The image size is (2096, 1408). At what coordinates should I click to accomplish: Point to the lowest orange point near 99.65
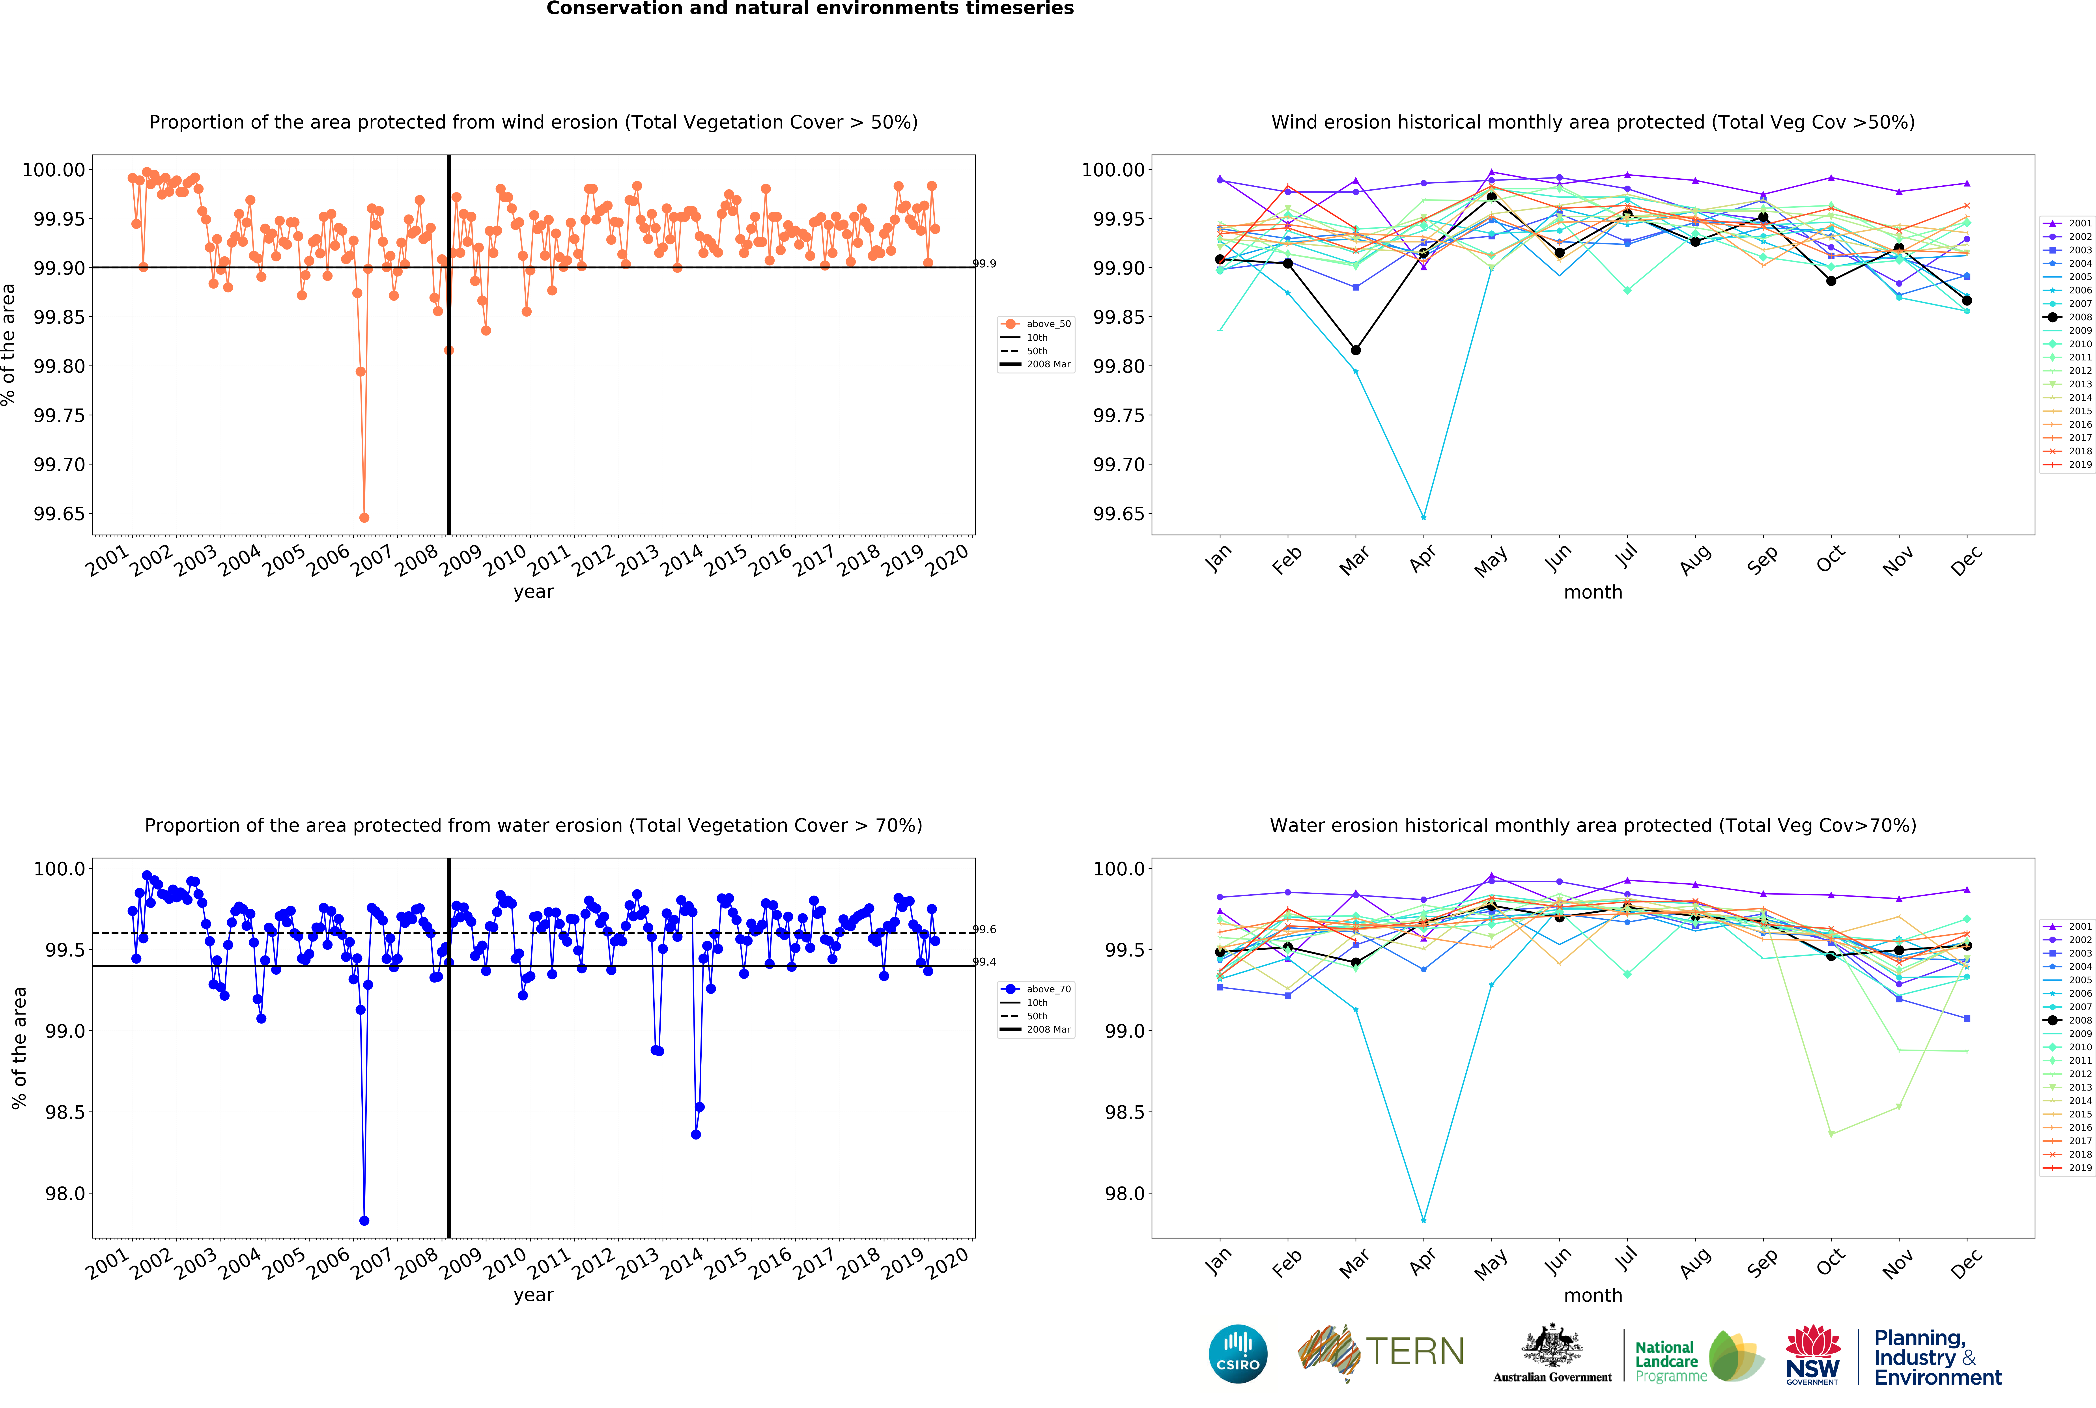coord(364,517)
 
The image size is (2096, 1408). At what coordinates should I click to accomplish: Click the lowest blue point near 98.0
coord(364,1220)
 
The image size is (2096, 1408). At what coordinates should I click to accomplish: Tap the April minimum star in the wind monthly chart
coord(1423,517)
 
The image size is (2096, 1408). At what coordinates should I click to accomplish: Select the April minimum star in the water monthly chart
coord(1423,1220)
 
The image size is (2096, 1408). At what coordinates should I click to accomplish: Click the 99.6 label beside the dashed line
coord(984,929)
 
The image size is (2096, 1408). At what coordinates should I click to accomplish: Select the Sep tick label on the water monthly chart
coord(1762,1263)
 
